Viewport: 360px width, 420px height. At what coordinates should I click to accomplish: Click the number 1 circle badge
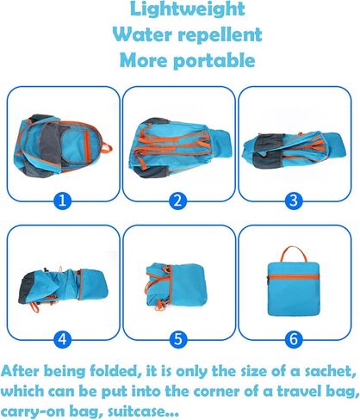(62, 201)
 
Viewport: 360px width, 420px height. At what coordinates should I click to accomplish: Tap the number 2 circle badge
(178, 201)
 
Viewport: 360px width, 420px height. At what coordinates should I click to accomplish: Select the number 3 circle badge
(294, 201)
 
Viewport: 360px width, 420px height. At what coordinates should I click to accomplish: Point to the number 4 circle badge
(62, 339)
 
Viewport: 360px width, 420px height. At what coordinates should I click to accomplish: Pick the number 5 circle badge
(178, 339)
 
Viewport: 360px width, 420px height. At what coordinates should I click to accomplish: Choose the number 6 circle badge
(294, 339)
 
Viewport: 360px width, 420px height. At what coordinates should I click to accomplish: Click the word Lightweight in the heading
(188, 9)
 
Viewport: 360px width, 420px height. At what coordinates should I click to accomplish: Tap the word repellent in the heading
(220, 34)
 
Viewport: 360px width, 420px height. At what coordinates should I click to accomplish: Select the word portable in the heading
(214, 61)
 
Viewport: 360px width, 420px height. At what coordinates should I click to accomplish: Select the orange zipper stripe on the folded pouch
(294, 277)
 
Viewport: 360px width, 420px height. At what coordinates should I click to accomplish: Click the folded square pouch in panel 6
(294, 289)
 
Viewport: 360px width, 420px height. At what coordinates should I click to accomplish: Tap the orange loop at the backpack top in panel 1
(108, 147)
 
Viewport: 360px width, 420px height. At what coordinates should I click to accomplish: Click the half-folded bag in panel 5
(176, 287)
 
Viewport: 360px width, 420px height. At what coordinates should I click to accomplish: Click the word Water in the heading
(142, 34)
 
